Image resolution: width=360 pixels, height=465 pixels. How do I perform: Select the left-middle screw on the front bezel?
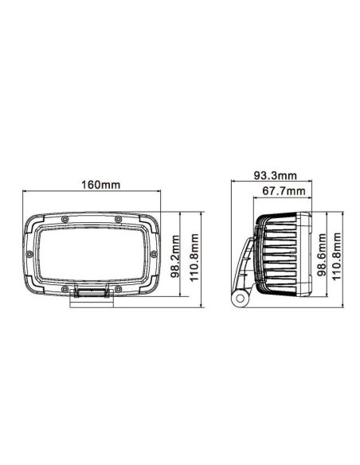coord(29,253)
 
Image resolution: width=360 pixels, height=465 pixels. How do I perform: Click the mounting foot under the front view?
coord(92,296)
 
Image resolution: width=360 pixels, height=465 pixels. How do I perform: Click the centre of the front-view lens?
coord(92,253)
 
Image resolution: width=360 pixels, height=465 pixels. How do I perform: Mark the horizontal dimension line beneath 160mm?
coord(92,192)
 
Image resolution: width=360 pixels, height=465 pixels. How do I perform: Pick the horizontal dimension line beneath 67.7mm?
coord(284,199)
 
